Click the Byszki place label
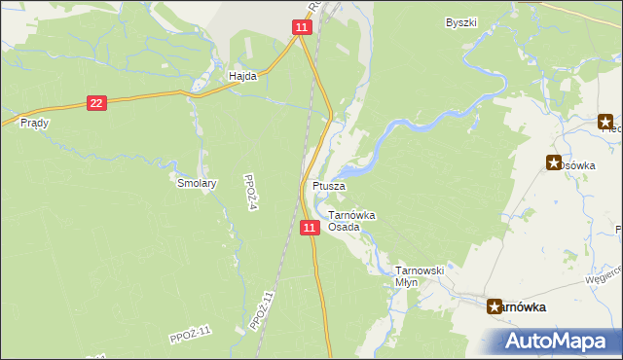pyautogui.click(x=460, y=21)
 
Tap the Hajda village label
pyautogui.click(x=242, y=75)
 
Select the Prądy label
pyautogui.click(x=34, y=124)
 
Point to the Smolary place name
pyautogui.click(x=197, y=182)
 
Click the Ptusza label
pyautogui.click(x=327, y=185)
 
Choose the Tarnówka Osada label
pyautogui.click(x=351, y=221)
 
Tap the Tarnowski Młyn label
pyautogui.click(x=420, y=275)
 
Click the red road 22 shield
pyautogui.click(x=95, y=103)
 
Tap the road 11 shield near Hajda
pyautogui.click(x=302, y=29)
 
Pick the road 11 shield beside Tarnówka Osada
pyautogui.click(x=310, y=228)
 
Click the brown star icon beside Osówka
pyautogui.click(x=555, y=163)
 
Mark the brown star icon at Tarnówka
pyautogui.click(x=495, y=306)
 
